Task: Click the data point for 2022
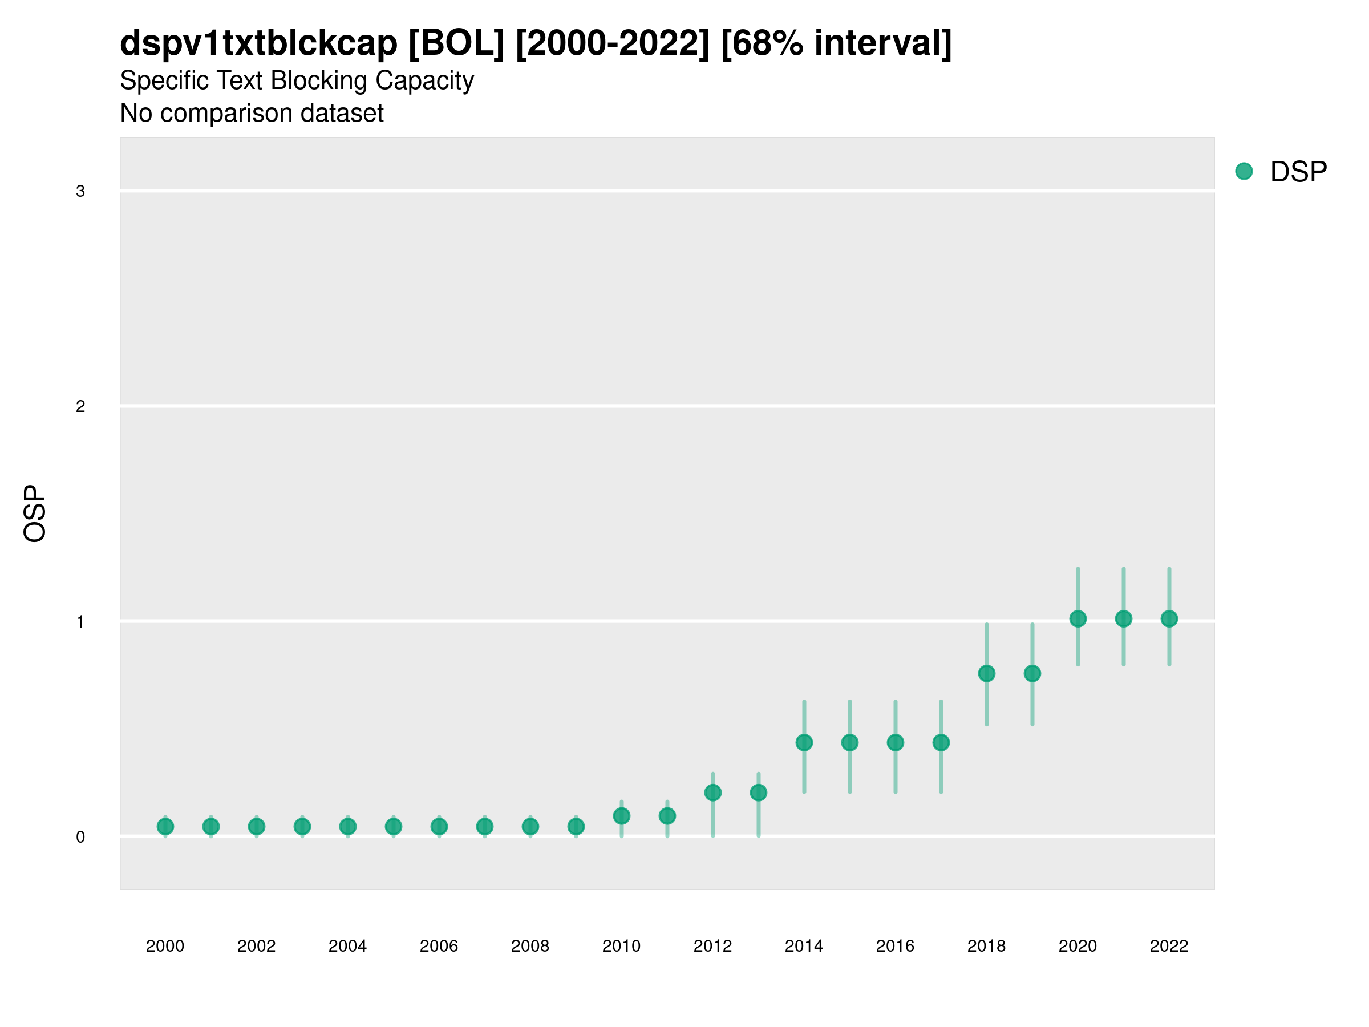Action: click(1169, 618)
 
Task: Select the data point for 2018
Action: click(986, 673)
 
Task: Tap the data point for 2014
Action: click(804, 742)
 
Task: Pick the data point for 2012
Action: click(713, 793)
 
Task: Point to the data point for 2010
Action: click(621, 816)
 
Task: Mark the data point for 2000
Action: click(165, 826)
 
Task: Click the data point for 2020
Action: click(1078, 618)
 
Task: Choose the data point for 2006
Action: click(439, 826)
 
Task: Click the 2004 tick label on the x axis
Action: click(347, 946)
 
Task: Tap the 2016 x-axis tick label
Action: click(895, 946)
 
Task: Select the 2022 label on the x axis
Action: click(1169, 946)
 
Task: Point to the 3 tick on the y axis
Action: click(80, 191)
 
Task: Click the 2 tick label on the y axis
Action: click(80, 406)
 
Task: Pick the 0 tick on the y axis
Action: click(80, 837)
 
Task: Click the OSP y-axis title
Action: click(35, 514)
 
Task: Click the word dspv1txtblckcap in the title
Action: click(259, 43)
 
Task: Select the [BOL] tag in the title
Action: click(456, 43)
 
